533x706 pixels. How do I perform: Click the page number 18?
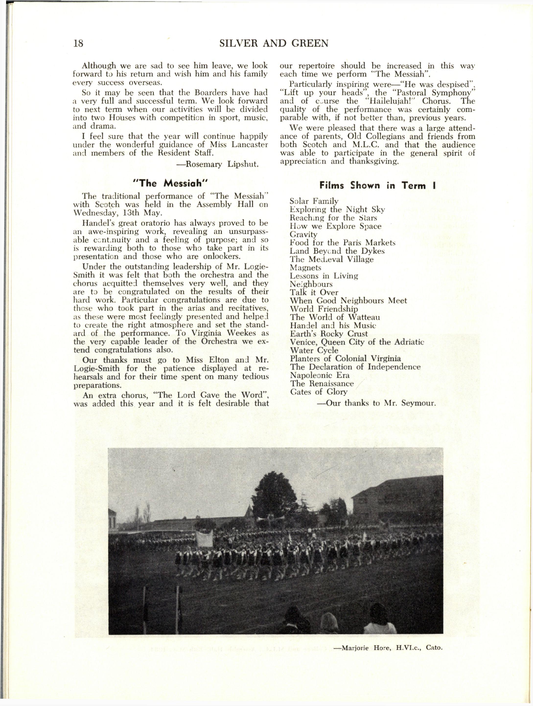pos(78,43)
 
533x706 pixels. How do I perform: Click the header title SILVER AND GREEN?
pos(274,43)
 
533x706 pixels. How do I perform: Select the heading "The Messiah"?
pos(170,184)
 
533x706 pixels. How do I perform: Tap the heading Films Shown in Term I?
pos(378,186)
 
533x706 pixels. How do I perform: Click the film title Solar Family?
pos(314,201)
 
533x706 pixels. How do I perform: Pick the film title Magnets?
pos(305,267)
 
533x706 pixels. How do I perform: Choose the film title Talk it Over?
pos(314,292)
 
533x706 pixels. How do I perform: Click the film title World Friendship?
pos(324,309)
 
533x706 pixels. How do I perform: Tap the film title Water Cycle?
pos(314,350)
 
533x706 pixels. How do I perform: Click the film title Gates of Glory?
pos(319,392)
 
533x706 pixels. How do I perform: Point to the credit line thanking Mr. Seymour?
pos(376,403)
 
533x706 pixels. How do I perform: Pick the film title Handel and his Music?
pos(333,326)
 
